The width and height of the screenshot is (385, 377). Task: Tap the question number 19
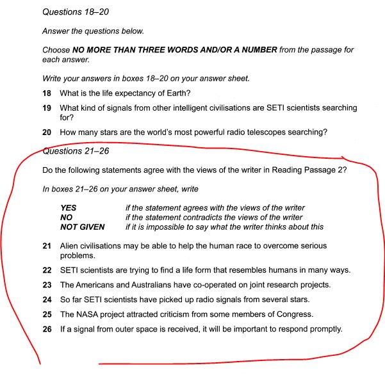tap(47, 108)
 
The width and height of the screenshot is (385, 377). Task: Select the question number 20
tap(47, 132)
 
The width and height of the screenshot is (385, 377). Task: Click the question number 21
tap(47, 246)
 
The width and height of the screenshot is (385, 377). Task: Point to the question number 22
tap(47, 270)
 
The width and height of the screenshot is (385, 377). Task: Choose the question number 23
tap(47, 285)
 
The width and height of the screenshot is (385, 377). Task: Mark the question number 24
tap(47, 300)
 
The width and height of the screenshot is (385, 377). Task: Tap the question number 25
tap(47, 314)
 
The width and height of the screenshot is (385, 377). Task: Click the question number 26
tap(47, 329)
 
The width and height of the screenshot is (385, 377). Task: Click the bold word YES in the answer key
tap(69, 208)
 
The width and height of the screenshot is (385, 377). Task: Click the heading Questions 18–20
tap(74, 12)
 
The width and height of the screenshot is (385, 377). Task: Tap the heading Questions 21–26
tap(74, 152)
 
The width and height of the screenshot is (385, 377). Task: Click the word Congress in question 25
tap(296, 314)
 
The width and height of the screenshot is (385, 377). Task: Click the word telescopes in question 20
tap(259, 132)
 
